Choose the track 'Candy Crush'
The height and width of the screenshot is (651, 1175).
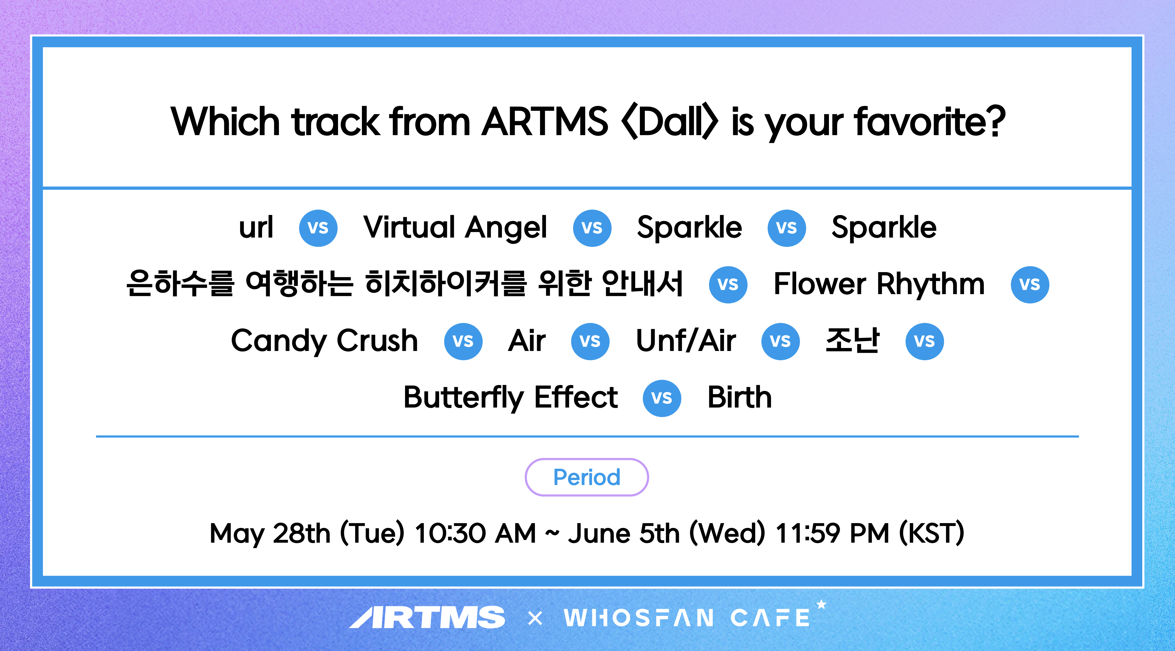(324, 341)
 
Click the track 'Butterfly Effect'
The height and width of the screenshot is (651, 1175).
(511, 398)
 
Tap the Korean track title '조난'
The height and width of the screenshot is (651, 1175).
(852, 340)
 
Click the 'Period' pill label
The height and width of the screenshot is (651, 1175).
(587, 477)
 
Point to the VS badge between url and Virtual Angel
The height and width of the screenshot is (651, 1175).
(318, 228)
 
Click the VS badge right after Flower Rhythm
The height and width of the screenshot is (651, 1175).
(1030, 284)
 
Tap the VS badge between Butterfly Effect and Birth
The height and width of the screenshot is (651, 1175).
(662, 398)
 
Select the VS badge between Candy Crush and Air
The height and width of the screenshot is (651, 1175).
(463, 341)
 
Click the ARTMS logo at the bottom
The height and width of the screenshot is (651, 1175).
(427, 617)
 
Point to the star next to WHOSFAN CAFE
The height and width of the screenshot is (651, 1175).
(821, 605)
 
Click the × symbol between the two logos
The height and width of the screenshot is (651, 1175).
(535, 618)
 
